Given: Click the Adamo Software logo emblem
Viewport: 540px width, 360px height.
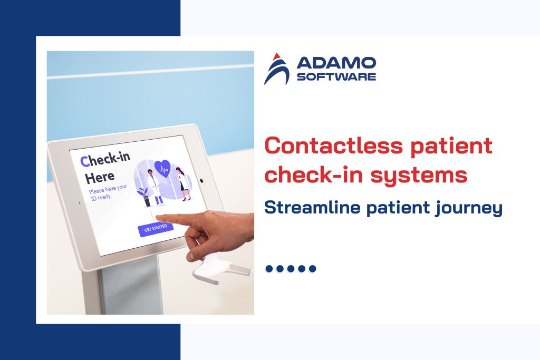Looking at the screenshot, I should pyautogui.click(x=277, y=69).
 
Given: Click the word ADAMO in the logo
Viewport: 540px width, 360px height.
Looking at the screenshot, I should pyautogui.click(x=336, y=64).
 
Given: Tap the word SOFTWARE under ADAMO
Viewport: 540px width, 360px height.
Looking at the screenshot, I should pyautogui.click(x=336, y=77).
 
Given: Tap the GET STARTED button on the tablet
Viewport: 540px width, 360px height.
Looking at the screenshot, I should pyautogui.click(x=156, y=229).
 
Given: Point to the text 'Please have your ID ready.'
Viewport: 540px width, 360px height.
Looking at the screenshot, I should pyautogui.click(x=108, y=193).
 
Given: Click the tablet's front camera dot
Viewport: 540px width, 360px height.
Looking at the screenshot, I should pyautogui.click(x=201, y=180).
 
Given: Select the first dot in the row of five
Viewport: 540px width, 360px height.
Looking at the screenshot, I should pyautogui.click(x=269, y=269).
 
